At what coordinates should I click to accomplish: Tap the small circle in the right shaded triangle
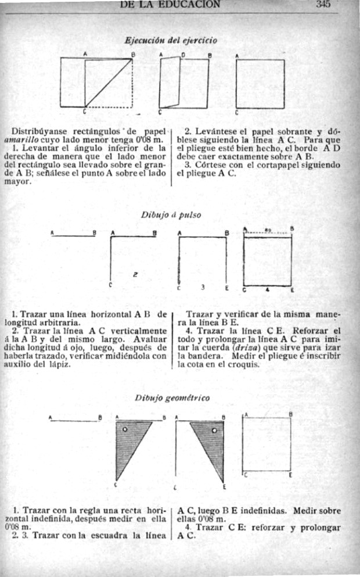point(214,431)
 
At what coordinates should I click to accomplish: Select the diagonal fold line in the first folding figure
point(109,83)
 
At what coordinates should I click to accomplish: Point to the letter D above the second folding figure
point(183,55)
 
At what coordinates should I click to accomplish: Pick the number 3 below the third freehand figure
point(203,286)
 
